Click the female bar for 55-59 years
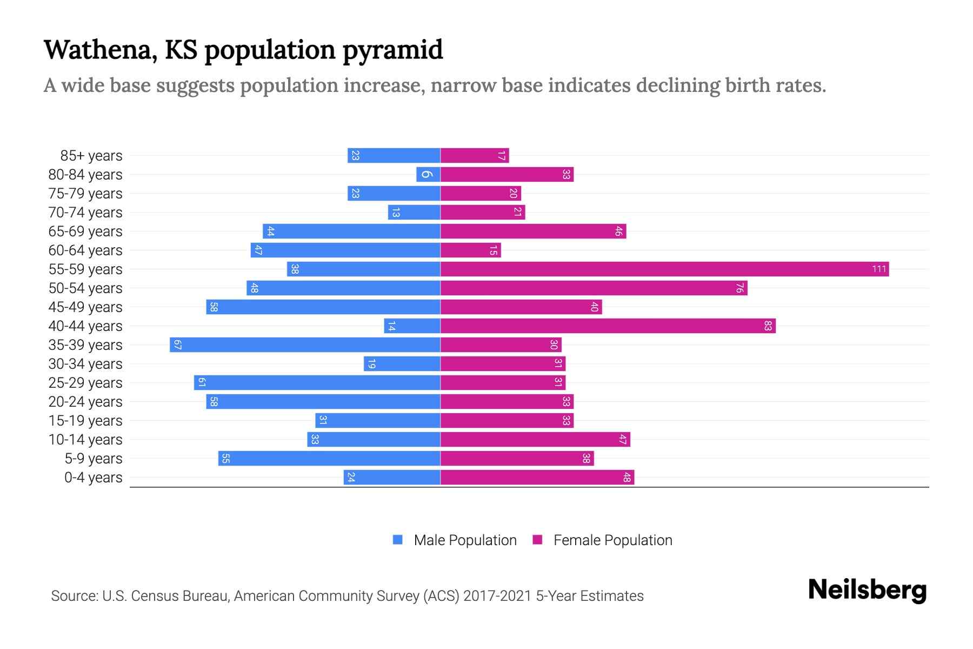click(664, 269)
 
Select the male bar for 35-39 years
click(305, 345)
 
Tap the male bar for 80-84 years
click(428, 174)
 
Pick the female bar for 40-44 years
click(608, 326)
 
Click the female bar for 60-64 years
click(470, 250)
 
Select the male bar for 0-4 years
click(392, 477)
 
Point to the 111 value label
click(879, 269)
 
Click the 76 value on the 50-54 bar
click(739, 288)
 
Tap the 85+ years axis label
click(91, 156)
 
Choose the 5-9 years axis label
click(94, 459)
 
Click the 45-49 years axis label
click(85, 307)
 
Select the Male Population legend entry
click(465, 540)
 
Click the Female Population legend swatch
click(537, 540)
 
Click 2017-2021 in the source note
click(497, 596)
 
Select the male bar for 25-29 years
click(317, 382)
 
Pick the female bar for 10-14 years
click(535, 439)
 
